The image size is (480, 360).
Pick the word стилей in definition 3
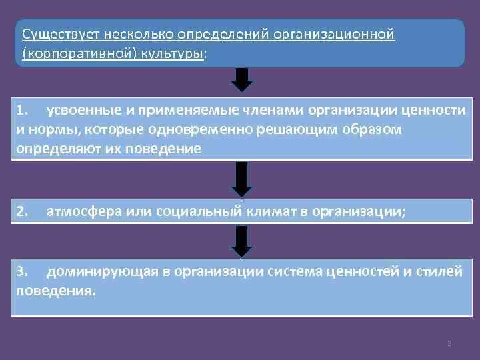[442, 272]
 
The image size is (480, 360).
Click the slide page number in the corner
[449, 343]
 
